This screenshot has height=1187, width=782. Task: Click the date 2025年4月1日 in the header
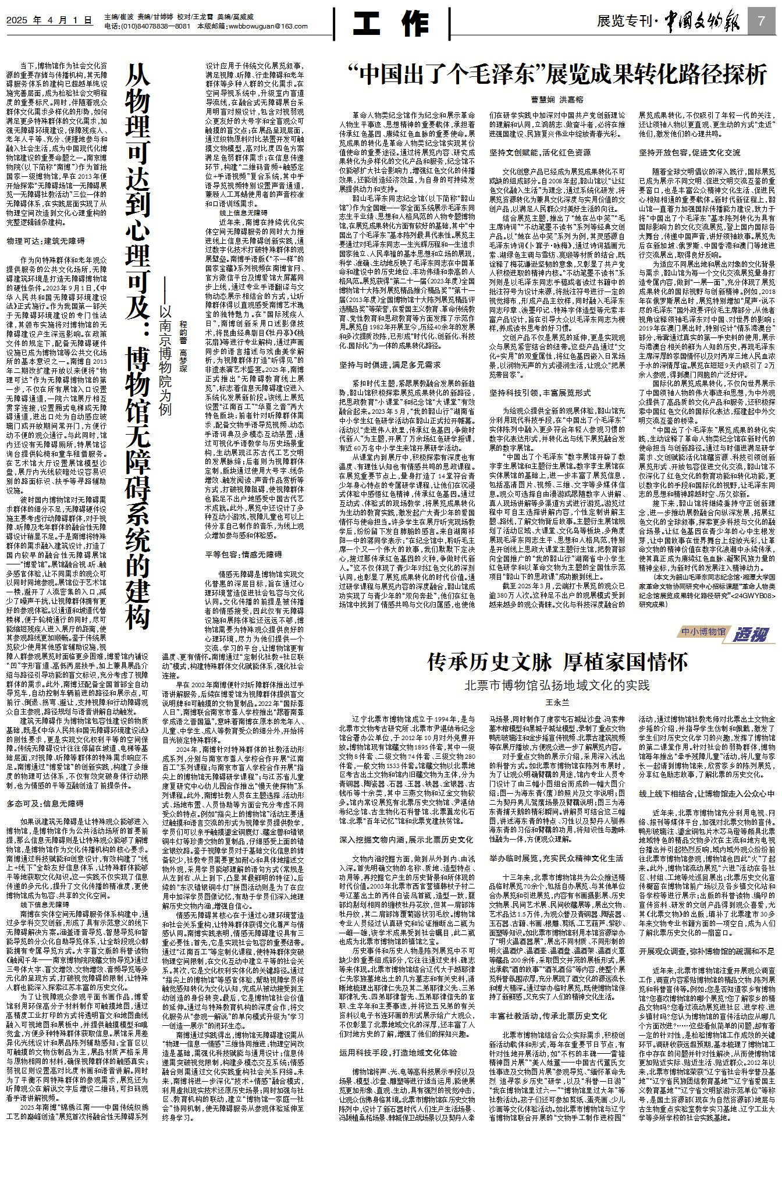tap(50, 20)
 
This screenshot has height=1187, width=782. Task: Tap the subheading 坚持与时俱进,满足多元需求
tap(390, 365)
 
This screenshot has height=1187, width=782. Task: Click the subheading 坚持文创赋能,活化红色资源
tap(541, 153)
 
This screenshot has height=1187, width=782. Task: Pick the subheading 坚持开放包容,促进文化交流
tap(690, 153)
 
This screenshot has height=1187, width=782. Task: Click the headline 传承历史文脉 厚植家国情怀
tap(558, 662)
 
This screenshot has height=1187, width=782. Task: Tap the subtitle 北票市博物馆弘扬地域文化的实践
tap(557, 685)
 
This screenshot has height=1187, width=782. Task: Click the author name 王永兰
tap(557, 703)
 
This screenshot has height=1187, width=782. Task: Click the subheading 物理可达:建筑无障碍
tap(45, 241)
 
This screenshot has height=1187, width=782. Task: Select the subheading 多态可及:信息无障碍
tap(45, 804)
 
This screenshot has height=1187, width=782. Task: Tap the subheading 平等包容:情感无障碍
tap(244, 555)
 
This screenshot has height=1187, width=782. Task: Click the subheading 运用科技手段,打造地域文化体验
tap(399, 1053)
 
